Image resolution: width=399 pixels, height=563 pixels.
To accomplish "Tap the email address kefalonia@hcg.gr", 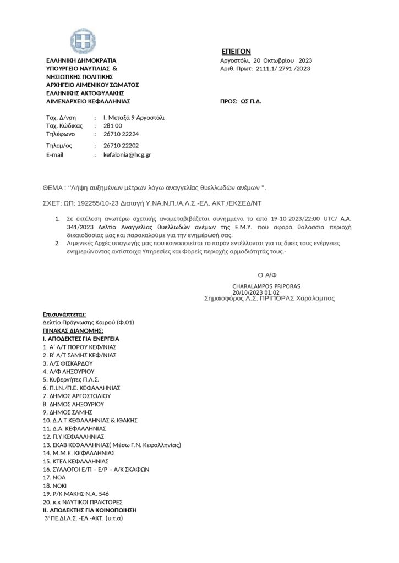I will click(x=127, y=155).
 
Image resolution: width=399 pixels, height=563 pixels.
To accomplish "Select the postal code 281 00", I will click(x=113, y=126).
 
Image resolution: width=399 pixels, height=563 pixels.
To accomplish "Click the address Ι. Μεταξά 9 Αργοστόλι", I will click(x=134, y=118).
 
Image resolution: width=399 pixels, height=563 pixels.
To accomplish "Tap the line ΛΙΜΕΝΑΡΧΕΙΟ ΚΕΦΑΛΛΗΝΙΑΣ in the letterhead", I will click(x=88, y=102).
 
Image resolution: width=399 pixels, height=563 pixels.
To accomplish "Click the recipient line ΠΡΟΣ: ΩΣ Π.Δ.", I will click(x=241, y=102).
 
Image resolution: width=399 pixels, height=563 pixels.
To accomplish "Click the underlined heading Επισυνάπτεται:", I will click(x=64, y=314).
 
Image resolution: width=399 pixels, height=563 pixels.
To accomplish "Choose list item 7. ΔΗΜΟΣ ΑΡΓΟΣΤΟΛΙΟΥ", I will click(x=77, y=395).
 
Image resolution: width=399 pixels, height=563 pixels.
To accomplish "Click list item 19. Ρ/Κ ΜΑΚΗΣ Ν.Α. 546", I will click(x=79, y=494).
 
